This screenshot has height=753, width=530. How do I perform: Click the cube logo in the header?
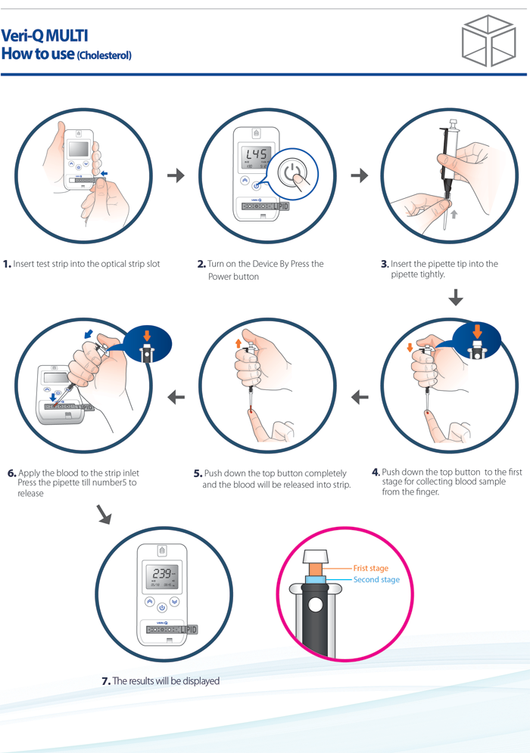(x=488, y=42)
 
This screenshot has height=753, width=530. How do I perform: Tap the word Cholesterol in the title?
(x=104, y=55)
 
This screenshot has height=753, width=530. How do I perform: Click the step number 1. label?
(x=7, y=264)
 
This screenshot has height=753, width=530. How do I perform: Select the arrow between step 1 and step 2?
(x=176, y=175)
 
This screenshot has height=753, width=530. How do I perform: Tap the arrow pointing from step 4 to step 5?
(x=360, y=396)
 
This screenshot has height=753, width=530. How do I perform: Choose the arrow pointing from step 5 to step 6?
(x=176, y=396)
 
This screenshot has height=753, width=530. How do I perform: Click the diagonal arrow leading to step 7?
(x=104, y=515)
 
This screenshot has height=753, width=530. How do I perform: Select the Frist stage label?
(x=370, y=568)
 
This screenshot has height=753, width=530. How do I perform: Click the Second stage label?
(x=376, y=580)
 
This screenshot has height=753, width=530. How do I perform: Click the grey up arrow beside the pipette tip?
(x=454, y=215)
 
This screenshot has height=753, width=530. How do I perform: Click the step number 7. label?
(x=106, y=681)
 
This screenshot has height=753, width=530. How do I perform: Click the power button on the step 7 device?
(x=161, y=607)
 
